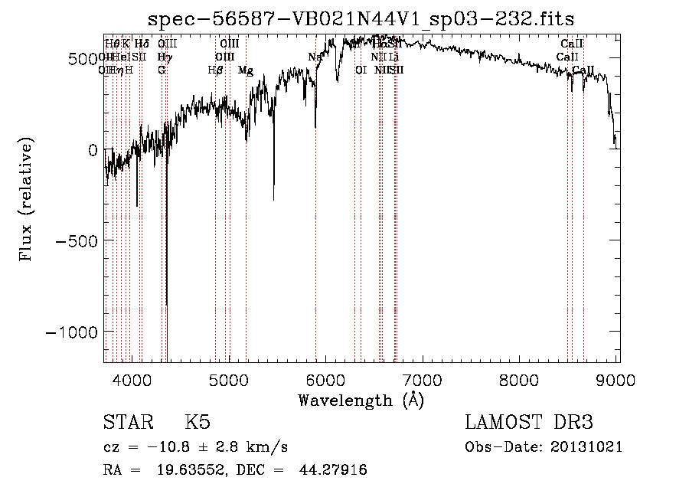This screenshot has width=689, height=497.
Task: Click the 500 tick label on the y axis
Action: (x=83, y=59)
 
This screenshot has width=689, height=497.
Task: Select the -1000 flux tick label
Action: (x=73, y=331)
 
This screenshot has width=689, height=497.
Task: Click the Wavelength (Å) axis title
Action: (x=361, y=400)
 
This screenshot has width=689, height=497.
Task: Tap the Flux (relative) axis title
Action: (x=28, y=198)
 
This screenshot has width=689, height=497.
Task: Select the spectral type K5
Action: (x=198, y=423)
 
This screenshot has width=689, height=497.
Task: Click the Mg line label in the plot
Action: (x=245, y=70)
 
